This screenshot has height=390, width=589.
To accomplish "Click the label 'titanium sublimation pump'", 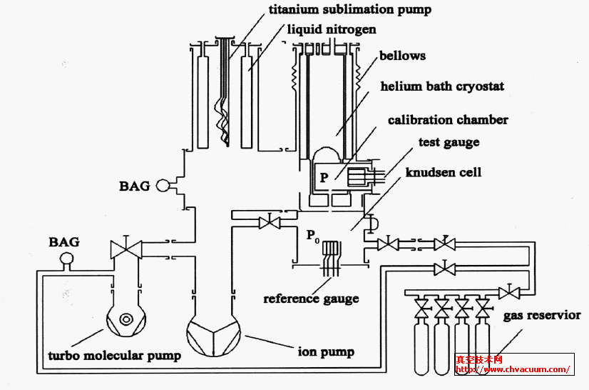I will click(x=349, y=10).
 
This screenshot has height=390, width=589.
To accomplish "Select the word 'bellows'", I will click(x=402, y=56).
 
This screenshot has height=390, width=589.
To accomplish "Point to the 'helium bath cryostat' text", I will click(x=442, y=86).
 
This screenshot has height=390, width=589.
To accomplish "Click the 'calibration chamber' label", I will click(x=448, y=120).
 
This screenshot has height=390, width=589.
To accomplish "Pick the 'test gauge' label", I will click(x=449, y=143).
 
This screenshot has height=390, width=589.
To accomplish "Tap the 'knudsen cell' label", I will click(x=443, y=172).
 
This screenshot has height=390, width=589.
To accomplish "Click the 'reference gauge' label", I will click(x=311, y=299).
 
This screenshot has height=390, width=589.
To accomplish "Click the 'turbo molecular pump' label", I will click(x=114, y=355).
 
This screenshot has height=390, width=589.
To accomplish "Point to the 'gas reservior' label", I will click(x=542, y=315).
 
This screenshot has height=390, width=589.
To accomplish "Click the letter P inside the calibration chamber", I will click(x=324, y=178).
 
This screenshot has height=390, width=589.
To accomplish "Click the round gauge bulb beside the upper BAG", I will click(x=163, y=186).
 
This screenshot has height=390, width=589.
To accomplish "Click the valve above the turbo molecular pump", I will click(x=126, y=249).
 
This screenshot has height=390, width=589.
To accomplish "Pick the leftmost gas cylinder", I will click(x=422, y=349).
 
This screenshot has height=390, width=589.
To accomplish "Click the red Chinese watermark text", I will click(x=480, y=359).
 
